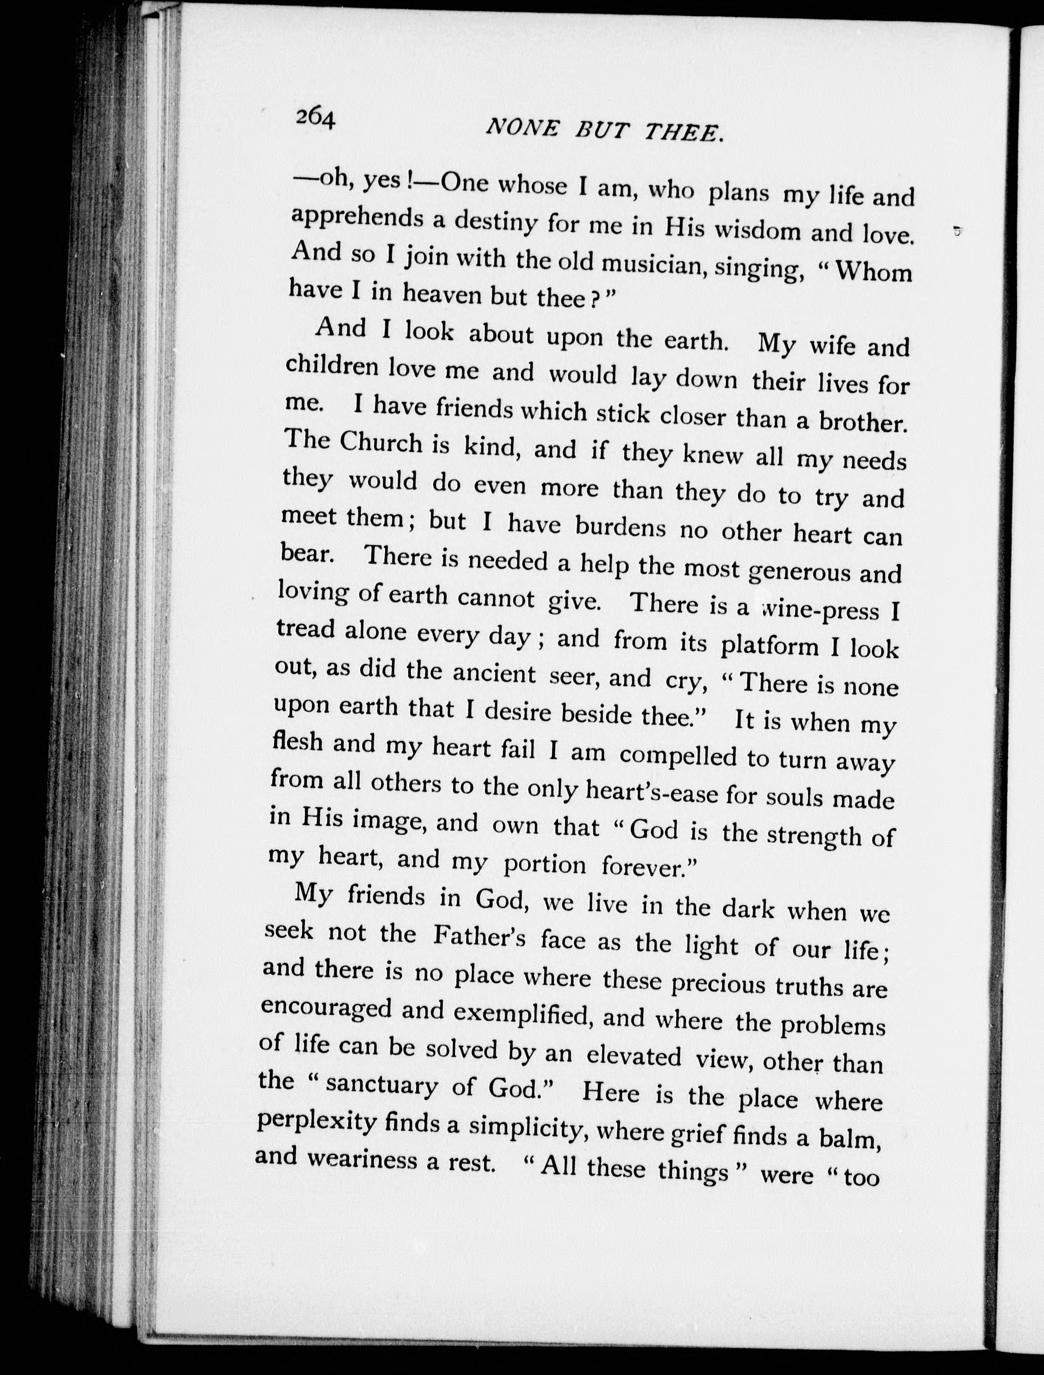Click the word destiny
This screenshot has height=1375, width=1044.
[495, 222]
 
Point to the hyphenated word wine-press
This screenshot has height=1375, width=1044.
[819, 610]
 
